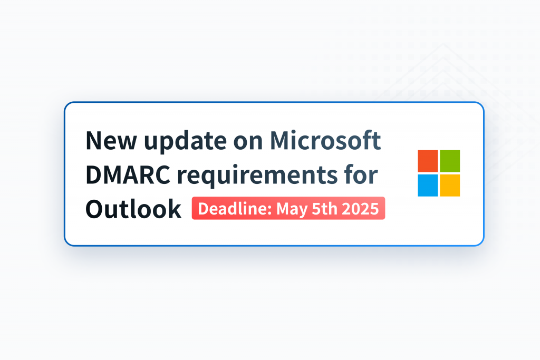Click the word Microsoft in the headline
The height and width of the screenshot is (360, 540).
(x=325, y=141)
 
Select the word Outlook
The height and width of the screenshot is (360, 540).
(x=133, y=209)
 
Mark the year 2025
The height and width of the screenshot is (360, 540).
(x=360, y=209)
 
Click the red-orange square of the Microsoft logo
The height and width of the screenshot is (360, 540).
(x=428, y=161)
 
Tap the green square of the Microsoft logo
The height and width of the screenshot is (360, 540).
(x=450, y=161)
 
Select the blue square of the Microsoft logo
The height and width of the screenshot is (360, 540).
(x=428, y=185)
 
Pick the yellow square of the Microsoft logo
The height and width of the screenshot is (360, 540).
(x=450, y=185)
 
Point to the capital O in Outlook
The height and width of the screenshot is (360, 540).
(x=95, y=209)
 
